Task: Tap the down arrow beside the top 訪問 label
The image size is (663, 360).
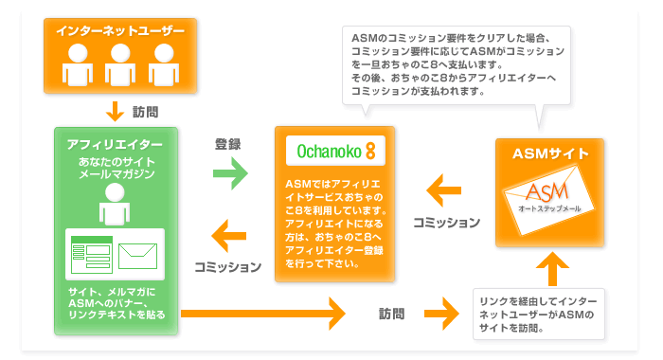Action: (x=116, y=111)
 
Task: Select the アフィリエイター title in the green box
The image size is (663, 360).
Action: (x=116, y=144)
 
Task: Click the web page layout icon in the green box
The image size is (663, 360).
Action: (x=92, y=253)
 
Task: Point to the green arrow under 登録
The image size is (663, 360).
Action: (x=228, y=172)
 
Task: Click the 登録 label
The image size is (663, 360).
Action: (x=228, y=144)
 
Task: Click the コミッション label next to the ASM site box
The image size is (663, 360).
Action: (x=446, y=223)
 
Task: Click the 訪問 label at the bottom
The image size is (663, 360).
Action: (x=392, y=312)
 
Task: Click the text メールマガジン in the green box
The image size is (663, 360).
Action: (x=116, y=176)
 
